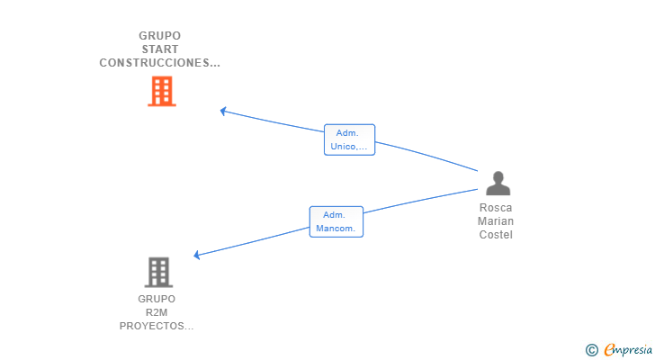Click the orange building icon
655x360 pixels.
pyautogui.click(x=162, y=91)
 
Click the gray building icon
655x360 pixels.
pyautogui.click(x=158, y=273)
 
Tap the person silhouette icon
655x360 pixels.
pyautogui.click(x=498, y=184)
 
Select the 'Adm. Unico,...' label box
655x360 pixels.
pyautogui.click(x=350, y=139)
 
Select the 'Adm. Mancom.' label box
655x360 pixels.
pyautogui.click(x=336, y=221)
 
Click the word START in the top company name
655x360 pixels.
pyautogui.click(x=160, y=49)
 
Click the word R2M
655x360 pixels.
pyautogui.click(x=157, y=312)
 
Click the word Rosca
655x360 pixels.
pyautogui.click(x=496, y=208)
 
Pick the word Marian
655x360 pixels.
pyautogui.click(x=496, y=220)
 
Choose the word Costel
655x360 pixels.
pyautogui.click(x=496, y=235)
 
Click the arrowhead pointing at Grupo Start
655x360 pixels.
pyautogui.click(x=223, y=111)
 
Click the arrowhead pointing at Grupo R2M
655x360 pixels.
pyautogui.click(x=197, y=255)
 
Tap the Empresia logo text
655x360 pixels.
pyautogui.click(x=628, y=349)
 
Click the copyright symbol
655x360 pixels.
pyautogui.click(x=592, y=350)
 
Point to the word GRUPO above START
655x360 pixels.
pyautogui.click(x=160, y=36)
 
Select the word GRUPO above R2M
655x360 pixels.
pyautogui.click(x=157, y=299)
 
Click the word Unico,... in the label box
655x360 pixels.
pyautogui.click(x=349, y=147)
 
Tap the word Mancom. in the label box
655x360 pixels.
pyautogui.click(x=336, y=229)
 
